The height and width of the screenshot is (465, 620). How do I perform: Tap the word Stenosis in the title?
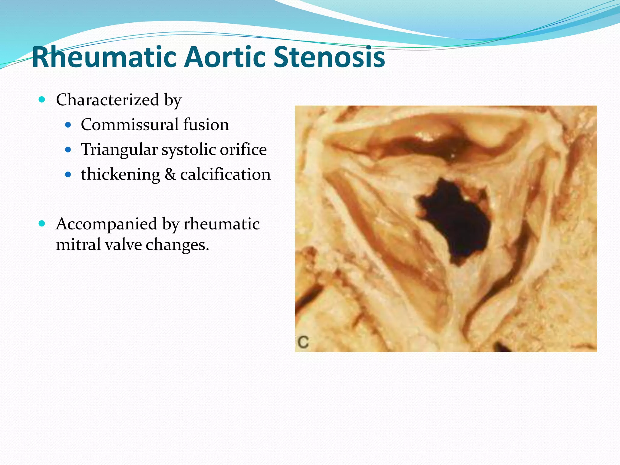[x=329, y=58]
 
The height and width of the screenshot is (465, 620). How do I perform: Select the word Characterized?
[x=107, y=100]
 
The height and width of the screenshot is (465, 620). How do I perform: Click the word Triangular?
[x=119, y=150]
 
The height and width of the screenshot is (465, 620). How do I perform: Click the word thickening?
[x=120, y=175]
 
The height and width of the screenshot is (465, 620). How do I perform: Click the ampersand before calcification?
[x=170, y=175]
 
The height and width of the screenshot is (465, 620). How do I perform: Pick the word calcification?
[x=225, y=175]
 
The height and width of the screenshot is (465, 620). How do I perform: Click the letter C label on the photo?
[x=303, y=342]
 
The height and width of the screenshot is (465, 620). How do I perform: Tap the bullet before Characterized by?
[x=42, y=99]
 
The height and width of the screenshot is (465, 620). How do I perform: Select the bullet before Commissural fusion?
[x=68, y=125]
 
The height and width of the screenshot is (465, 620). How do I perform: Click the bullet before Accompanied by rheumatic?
[x=42, y=224]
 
